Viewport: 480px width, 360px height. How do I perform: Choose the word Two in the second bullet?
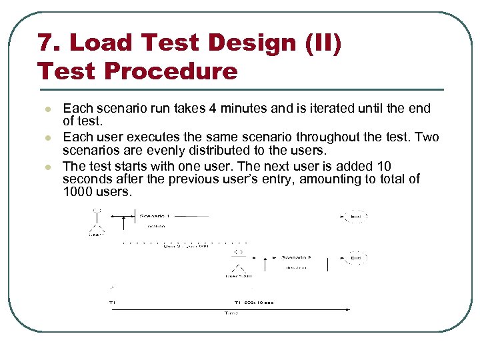pos(427,137)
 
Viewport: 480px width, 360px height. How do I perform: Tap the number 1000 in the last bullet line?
pos(79,191)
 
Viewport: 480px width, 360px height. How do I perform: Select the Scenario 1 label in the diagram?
pos(155,215)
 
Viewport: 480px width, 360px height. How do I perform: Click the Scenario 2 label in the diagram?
pos(296,256)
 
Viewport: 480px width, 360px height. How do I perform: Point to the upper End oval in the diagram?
pos(356,215)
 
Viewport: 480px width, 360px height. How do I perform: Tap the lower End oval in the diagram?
pos(356,257)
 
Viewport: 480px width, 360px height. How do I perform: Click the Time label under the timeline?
pos(231,312)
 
